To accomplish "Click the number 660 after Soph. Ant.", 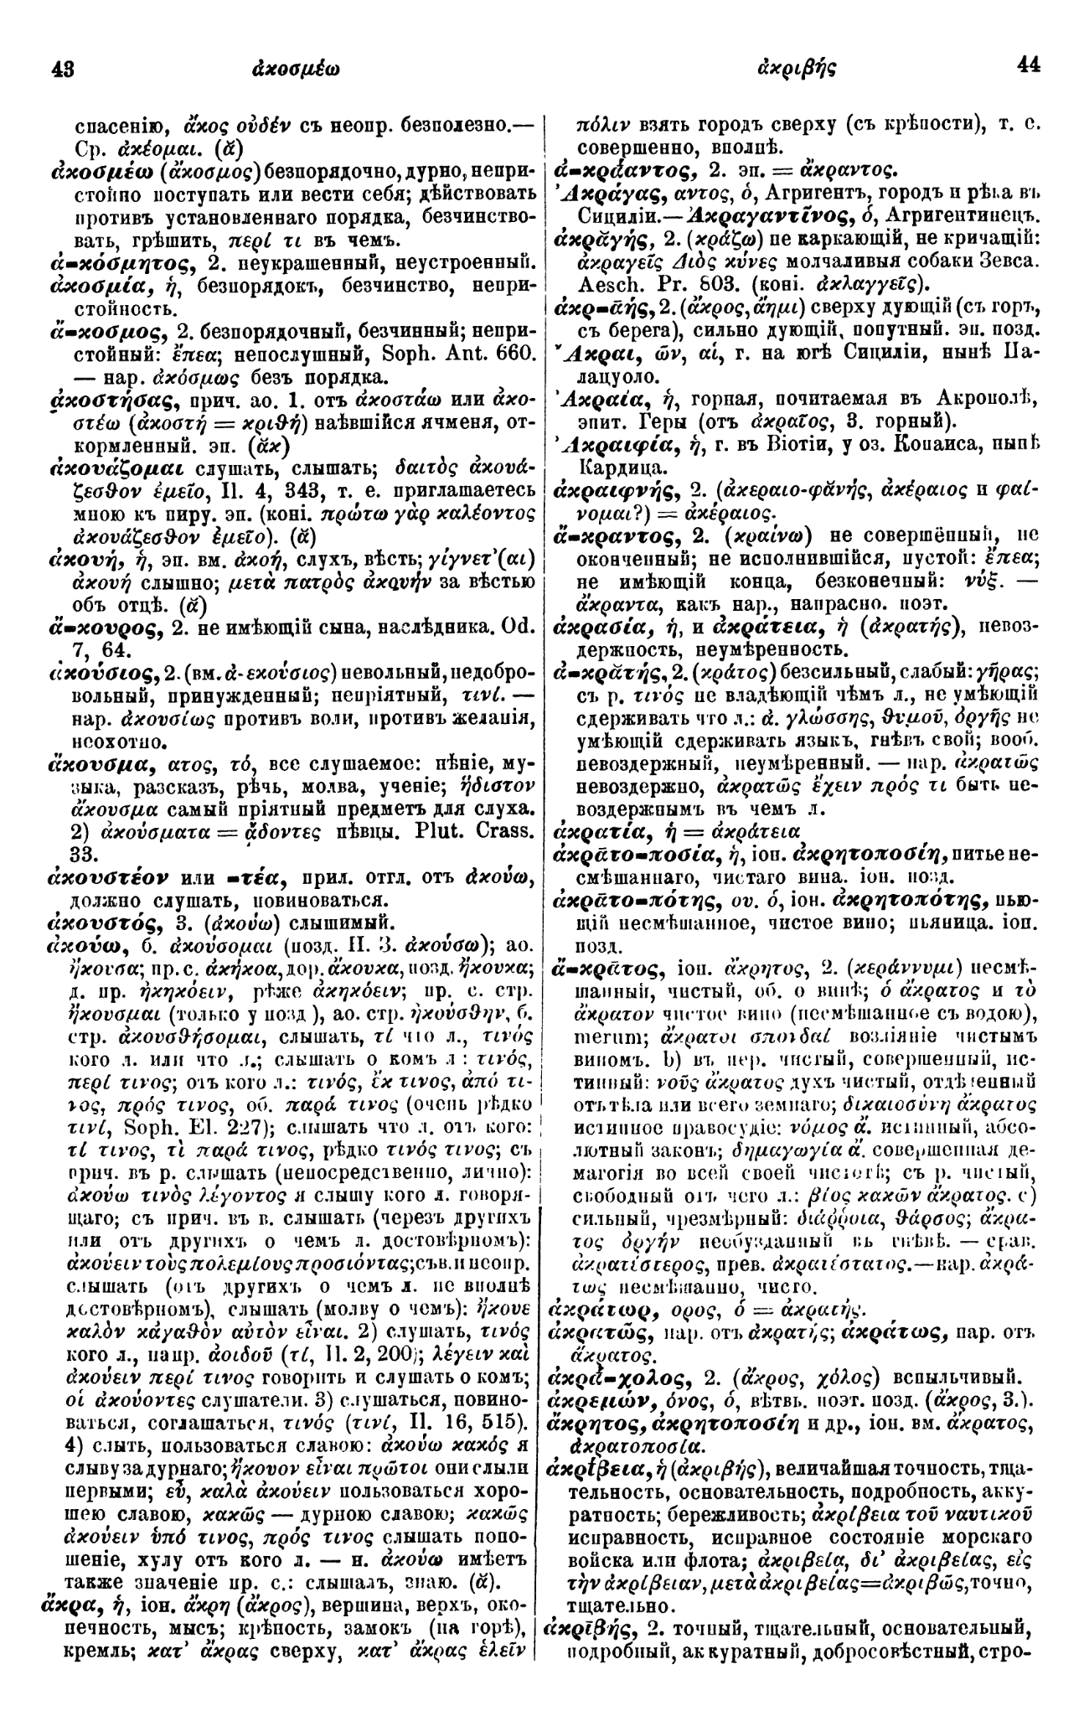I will click(x=503, y=333).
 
